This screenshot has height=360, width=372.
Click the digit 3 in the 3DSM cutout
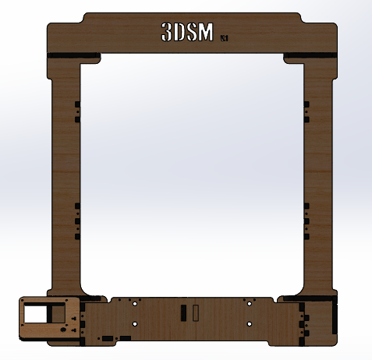coord(167,32)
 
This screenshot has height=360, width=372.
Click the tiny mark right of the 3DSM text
coord(225,37)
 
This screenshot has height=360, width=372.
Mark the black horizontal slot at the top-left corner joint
coord(73,55)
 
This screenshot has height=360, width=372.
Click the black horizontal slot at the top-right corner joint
coord(310,55)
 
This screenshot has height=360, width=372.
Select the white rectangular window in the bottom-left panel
coord(37,314)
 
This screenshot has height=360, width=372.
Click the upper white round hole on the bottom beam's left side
coord(135,302)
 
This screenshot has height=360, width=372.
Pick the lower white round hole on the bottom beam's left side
coord(135,323)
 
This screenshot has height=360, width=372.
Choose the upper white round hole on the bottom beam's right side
coord(249,302)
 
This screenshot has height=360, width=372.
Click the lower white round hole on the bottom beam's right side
coord(249,323)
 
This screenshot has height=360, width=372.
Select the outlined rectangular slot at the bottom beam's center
coord(196,313)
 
